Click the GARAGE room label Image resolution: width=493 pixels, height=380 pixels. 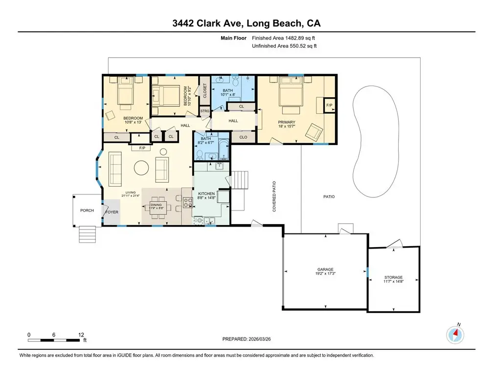[x=325, y=269]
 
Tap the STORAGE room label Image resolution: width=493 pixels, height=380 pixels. [x=393, y=277]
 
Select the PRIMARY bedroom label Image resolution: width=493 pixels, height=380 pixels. [x=287, y=123]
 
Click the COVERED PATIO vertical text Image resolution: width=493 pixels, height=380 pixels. [x=274, y=196]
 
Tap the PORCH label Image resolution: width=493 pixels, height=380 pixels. [x=87, y=211]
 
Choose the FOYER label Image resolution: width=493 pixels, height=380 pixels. [x=112, y=212]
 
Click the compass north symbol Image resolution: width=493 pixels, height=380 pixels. [x=455, y=335]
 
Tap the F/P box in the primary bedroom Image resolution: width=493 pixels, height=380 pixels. [x=329, y=105]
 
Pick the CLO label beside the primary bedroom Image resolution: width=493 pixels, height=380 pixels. [x=243, y=138]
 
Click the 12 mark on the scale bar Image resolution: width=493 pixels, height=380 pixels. [x=81, y=335]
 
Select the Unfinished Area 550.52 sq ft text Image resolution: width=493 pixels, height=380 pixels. [x=284, y=46]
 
